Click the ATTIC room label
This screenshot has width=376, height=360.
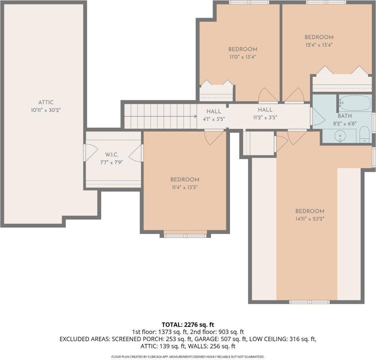coord(46,102)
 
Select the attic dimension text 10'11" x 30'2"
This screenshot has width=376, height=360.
coord(46,110)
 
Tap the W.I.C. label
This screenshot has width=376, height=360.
coord(112,155)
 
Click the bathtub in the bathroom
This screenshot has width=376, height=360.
coord(355,103)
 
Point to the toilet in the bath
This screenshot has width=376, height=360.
coord(365,135)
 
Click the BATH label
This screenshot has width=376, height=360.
coord(344,116)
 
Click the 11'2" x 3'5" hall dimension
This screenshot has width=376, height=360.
coord(265,117)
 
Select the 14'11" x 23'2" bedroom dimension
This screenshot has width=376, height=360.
coord(310,219)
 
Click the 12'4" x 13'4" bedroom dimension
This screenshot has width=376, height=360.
coord(319,44)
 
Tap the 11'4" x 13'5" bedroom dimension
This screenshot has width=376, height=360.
coord(185,187)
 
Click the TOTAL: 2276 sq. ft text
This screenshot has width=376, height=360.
coord(188,324)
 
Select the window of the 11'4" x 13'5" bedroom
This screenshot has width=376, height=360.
coord(185,236)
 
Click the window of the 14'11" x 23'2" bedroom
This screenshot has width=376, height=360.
coord(309,302)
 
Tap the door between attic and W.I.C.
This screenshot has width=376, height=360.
coord(89,153)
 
